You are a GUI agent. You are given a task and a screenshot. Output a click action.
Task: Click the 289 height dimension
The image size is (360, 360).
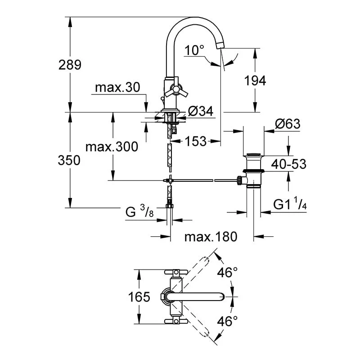(69, 65)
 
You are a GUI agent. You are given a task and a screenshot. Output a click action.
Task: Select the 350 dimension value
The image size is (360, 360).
(69, 161)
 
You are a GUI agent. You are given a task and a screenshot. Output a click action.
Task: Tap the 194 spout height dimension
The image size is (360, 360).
(255, 81)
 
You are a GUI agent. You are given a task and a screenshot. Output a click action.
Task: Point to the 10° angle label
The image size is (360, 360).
(194, 50)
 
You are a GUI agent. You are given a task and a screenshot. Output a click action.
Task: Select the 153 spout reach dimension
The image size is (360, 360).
(196, 141)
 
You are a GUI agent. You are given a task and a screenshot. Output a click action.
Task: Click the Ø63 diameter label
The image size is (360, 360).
(287, 124)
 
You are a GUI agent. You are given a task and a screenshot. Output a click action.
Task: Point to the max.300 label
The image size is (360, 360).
(112, 147)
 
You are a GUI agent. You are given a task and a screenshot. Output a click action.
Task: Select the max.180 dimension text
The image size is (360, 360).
(210, 237)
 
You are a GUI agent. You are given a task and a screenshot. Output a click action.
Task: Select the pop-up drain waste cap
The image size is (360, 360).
(254, 157)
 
